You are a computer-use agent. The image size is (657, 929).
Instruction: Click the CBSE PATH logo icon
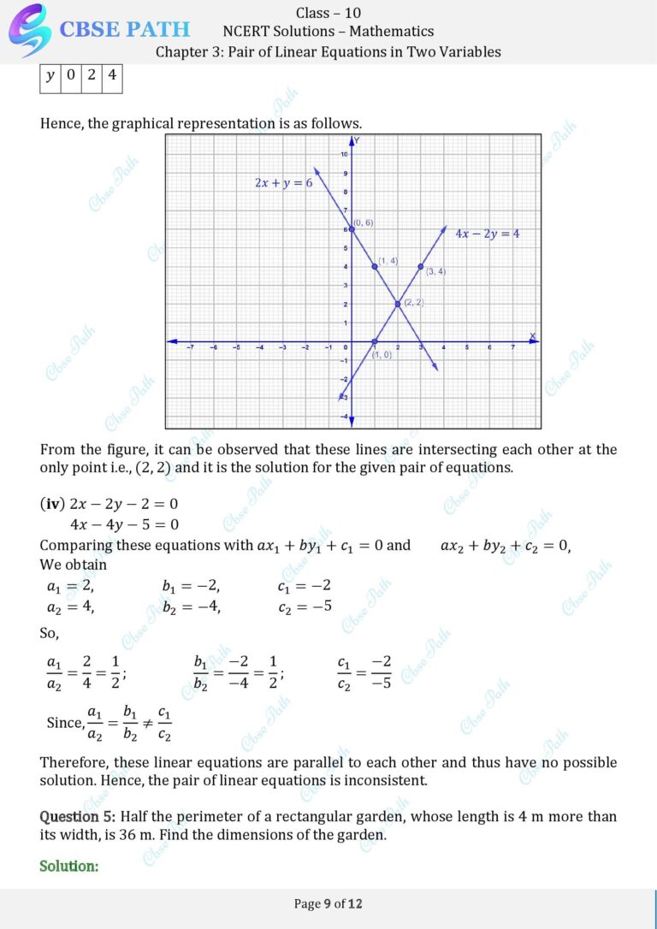coord(28,29)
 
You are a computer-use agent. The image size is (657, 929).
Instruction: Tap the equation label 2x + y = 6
coord(283,183)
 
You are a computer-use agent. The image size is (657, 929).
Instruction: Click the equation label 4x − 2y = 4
coord(487,233)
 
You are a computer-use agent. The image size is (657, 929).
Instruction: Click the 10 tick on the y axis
coord(344,154)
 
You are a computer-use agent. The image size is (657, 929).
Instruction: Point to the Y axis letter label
coord(357,140)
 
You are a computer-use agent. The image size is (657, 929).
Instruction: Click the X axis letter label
coord(532,336)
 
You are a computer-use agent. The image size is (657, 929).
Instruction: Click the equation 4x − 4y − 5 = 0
coord(124,524)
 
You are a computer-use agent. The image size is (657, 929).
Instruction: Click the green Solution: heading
coord(69,866)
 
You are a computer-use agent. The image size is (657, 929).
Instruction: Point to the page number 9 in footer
coord(327,903)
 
